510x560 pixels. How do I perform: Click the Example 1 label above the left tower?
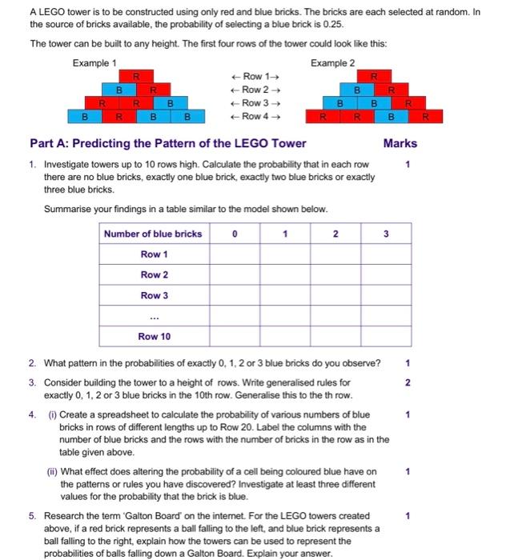94,62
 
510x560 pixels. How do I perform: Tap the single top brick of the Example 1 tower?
137,76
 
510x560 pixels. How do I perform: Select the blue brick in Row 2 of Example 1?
118,90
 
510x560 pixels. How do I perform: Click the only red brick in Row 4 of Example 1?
118,117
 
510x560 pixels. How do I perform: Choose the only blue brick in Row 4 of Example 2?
392,117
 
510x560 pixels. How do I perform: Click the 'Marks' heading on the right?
400,144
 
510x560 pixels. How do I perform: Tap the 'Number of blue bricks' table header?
153,234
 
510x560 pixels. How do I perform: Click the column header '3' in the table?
385,234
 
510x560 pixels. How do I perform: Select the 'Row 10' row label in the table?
154,337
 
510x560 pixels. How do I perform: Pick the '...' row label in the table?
154,316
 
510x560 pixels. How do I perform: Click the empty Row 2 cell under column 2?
335,274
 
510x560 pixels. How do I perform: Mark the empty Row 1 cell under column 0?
234,254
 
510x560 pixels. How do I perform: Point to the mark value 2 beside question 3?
408,382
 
